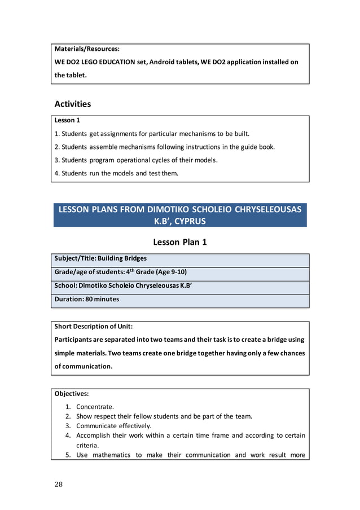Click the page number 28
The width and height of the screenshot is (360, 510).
[59, 484]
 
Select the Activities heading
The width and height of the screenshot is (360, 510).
[72, 104]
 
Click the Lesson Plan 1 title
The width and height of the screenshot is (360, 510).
[180, 242]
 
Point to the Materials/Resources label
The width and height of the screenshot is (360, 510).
[87, 49]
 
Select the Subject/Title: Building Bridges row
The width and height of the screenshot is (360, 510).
[100, 258]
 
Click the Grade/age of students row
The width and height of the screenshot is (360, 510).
[120, 272]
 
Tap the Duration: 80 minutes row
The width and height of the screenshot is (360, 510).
[87, 299]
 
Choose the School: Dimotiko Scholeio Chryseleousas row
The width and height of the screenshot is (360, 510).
[123, 285]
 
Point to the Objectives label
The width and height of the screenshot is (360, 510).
[72, 393]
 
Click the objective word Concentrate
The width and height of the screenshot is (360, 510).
[95, 407]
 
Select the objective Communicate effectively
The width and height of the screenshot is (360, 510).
[114, 426]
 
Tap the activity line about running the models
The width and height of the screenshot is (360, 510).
[116, 173]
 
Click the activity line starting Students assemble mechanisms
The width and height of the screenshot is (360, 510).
[165, 147]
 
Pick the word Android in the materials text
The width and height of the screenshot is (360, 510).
[168, 62]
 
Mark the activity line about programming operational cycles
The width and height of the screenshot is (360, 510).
[136, 160]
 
